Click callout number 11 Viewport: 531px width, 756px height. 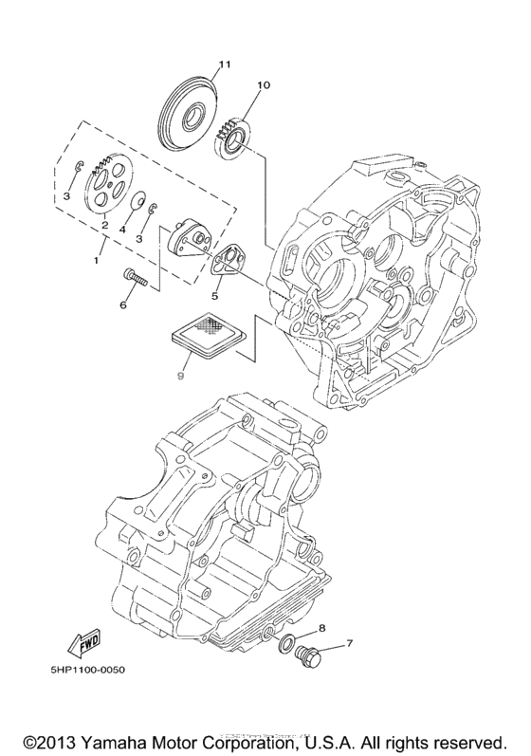pos(224,65)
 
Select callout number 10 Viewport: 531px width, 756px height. pos(263,85)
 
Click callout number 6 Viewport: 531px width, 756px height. pos(122,305)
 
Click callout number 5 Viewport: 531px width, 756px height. pos(214,296)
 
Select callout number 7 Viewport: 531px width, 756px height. pos(348,644)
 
